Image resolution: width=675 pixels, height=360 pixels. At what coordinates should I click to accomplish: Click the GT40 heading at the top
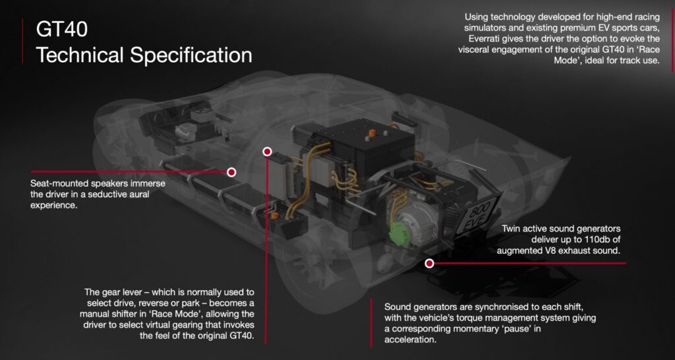(62, 29)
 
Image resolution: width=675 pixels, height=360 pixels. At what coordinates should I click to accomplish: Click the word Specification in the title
(191, 55)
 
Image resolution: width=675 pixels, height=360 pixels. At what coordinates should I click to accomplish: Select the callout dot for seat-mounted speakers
(231, 172)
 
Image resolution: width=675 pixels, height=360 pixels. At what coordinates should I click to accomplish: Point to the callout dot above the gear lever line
(268, 152)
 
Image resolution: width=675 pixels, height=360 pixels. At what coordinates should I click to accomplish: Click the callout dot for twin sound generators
(429, 264)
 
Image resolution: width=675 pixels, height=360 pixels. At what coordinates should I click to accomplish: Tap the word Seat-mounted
(59, 183)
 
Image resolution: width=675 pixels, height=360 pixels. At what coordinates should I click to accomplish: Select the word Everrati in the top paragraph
(486, 39)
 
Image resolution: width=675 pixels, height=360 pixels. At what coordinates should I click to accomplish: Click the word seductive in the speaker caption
(96, 195)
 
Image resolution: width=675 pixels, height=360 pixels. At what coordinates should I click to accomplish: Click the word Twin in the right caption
(512, 229)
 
